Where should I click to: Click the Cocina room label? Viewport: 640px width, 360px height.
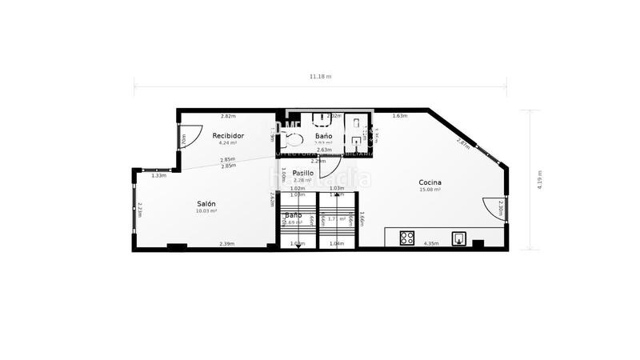(430, 182)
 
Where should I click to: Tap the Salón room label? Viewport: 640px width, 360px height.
(206, 204)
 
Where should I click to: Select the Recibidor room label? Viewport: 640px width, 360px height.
(228, 136)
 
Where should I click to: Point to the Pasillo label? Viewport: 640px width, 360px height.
(302, 173)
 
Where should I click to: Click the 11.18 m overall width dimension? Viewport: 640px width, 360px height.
(320, 77)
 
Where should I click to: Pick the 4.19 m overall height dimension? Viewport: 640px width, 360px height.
(539, 179)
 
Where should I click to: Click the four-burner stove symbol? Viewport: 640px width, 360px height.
(407, 238)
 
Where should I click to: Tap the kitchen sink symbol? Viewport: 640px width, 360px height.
(460, 238)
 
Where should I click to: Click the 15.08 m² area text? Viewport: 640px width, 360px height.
(430, 190)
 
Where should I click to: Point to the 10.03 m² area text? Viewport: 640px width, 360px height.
(206, 211)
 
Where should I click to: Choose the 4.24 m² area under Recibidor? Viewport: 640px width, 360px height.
(228, 143)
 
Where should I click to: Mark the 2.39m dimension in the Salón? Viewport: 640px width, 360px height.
(227, 244)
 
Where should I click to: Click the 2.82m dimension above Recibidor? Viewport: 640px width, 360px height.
(228, 117)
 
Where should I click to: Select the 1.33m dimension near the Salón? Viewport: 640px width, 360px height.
(159, 175)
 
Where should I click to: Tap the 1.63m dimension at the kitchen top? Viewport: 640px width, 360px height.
(400, 117)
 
